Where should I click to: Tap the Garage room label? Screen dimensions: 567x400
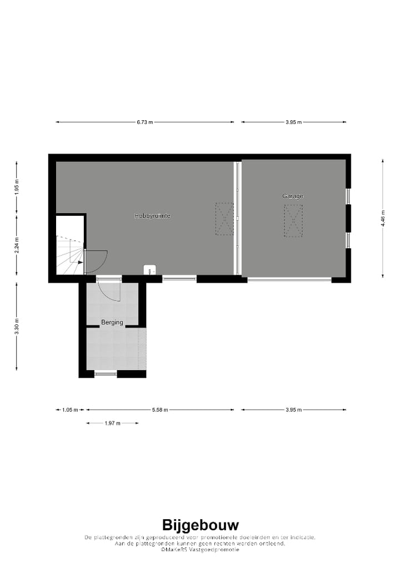click(293, 196)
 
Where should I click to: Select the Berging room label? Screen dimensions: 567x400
click(112, 322)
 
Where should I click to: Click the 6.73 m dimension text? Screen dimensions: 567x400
click(145, 122)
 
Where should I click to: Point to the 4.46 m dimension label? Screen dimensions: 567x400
click(383, 218)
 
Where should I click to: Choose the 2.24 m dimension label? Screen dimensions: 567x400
click(17, 245)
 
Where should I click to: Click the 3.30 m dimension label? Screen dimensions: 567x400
click(17, 327)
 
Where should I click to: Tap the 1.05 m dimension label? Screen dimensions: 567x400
click(69, 410)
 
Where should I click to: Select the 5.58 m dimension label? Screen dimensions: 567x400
click(160, 410)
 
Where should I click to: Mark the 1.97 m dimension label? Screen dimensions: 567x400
click(112, 423)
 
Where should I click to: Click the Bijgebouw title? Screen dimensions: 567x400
click(200, 525)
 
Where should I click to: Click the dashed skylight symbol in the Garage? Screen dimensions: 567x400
click(293, 221)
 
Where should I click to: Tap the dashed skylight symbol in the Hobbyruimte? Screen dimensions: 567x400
click(224, 219)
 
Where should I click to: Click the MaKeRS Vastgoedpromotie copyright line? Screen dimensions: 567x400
click(200, 549)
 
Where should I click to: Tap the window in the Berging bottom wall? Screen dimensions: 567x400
click(106, 374)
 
